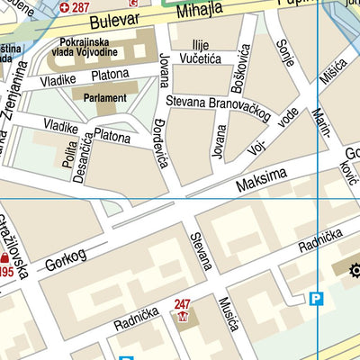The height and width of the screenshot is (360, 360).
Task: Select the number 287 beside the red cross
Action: coord(81,7)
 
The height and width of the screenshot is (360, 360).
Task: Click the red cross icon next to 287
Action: coord(64,7)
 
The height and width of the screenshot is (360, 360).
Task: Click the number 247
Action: coord(183,305)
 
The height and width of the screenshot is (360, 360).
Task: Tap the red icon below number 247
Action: coord(184,319)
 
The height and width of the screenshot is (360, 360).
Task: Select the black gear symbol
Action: coord(354,267)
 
